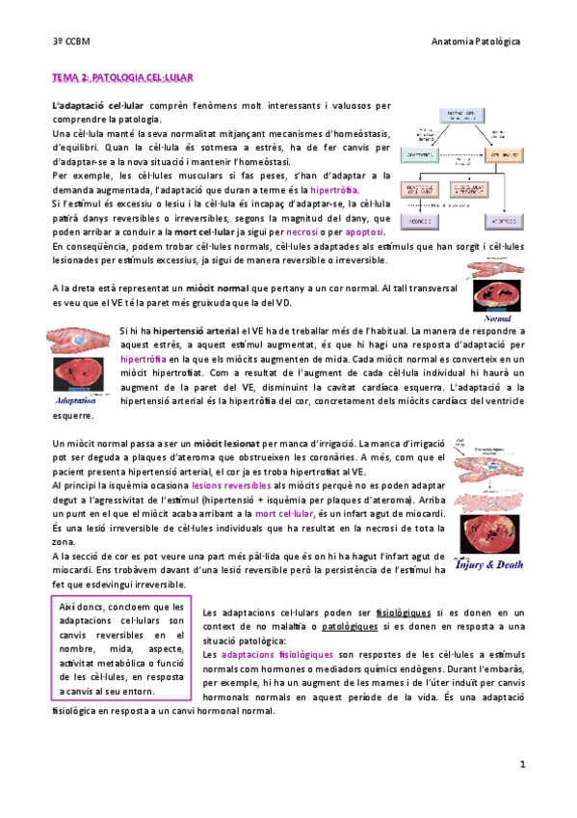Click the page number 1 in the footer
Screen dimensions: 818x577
(521, 765)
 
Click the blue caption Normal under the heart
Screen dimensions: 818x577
(497, 316)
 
